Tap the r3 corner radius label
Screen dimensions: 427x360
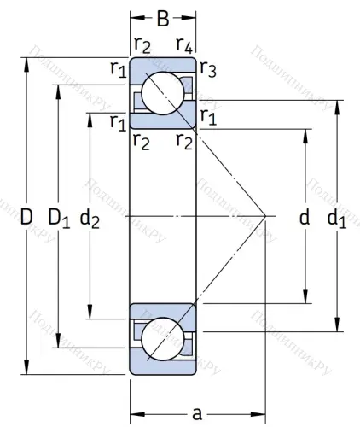tap(207, 70)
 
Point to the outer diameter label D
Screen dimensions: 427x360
tap(26, 218)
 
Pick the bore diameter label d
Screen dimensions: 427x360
tap(304, 218)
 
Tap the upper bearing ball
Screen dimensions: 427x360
tap(161, 94)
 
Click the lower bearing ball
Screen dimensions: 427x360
tap(161, 339)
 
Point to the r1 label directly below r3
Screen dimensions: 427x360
tap(207, 116)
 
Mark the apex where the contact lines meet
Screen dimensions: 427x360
tap(267, 216)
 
